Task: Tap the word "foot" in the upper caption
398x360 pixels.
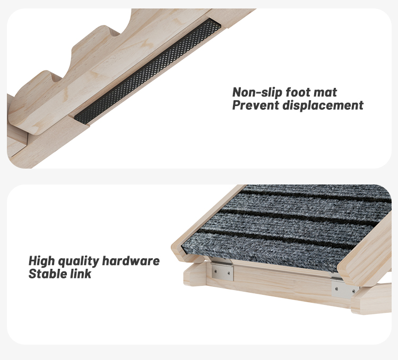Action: click(x=298, y=93)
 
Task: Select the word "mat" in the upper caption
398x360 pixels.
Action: click(x=325, y=93)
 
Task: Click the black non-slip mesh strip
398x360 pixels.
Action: click(x=149, y=72)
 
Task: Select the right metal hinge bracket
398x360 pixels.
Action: click(x=345, y=288)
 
